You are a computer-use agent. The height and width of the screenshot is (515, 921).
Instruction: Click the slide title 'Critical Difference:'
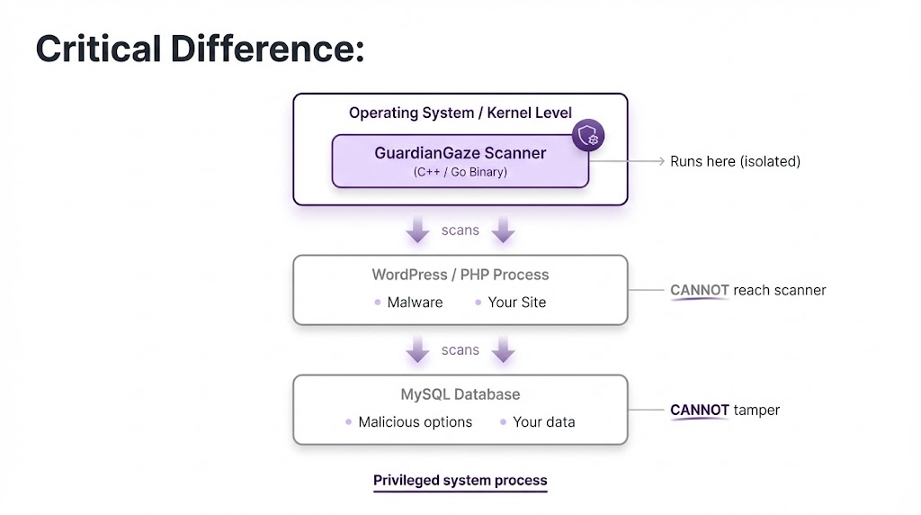tap(200, 49)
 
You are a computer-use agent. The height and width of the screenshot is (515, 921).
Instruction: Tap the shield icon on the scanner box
tap(588, 137)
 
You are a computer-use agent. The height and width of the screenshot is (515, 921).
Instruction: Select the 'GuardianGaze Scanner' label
tap(460, 153)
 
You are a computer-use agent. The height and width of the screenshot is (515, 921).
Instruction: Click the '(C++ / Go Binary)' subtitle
tap(460, 172)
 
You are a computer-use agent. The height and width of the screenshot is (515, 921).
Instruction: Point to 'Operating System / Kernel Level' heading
tap(460, 113)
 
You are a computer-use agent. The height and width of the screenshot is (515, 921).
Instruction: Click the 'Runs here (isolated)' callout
tap(735, 162)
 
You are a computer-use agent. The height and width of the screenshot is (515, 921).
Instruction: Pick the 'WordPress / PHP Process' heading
tap(460, 275)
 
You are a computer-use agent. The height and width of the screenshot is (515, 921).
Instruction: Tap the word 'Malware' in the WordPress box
tap(415, 303)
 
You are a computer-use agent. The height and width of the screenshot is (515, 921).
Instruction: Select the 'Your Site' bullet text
tap(516, 303)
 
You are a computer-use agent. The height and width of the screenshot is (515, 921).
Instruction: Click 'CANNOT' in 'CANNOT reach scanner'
tap(700, 290)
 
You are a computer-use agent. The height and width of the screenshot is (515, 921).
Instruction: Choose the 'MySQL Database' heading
tap(460, 394)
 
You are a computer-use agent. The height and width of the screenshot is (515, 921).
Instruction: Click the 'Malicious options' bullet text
tap(415, 422)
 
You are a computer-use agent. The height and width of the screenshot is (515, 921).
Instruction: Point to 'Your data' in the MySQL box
tap(543, 422)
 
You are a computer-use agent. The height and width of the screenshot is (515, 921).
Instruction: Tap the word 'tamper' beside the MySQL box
tap(756, 411)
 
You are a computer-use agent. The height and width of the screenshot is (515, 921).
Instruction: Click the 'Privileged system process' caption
tap(460, 481)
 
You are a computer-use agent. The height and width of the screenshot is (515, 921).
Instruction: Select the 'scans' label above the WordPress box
tap(460, 230)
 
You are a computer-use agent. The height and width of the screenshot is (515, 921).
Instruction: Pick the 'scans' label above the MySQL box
tap(460, 350)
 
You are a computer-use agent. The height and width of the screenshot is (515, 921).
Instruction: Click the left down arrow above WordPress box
tap(417, 230)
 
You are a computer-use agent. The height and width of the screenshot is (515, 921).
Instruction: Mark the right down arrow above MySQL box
tap(503, 349)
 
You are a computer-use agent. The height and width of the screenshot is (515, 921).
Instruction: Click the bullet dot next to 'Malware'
tap(377, 303)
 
